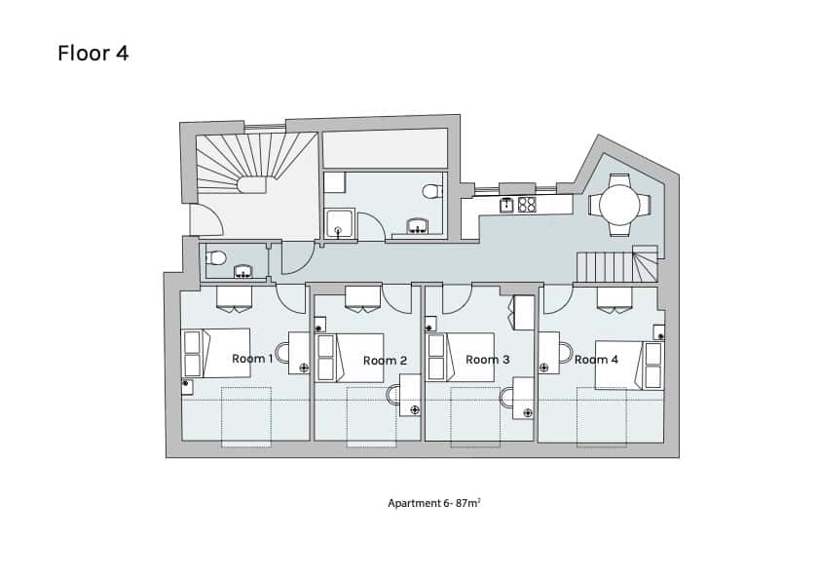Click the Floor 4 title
coord(93,53)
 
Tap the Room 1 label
coord(252,359)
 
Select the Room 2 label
coord(385,361)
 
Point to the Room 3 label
coord(488,360)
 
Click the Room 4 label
coord(596,360)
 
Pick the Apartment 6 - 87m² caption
coord(434,503)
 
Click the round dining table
coord(620,205)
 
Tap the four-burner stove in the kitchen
coord(527,205)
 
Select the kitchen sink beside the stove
coord(506,205)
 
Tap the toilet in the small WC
coord(217,257)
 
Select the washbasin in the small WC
coord(242,270)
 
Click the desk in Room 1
coord(299,353)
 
